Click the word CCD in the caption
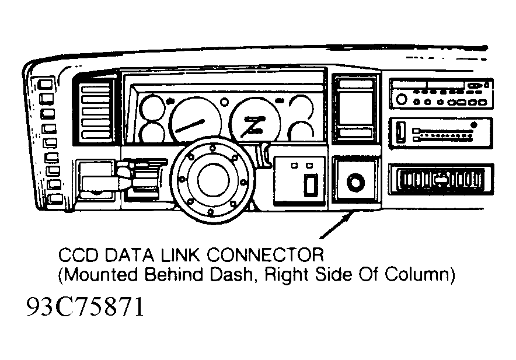click(x=78, y=254)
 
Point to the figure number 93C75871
click(x=85, y=306)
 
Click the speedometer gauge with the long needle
click(x=195, y=120)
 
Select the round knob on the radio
click(x=401, y=99)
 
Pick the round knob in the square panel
click(x=355, y=182)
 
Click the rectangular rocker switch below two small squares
click(x=311, y=184)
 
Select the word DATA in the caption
click(x=130, y=254)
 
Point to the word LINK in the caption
click(x=180, y=254)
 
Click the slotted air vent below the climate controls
click(x=441, y=180)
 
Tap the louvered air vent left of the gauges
click(x=95, y=111)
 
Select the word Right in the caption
click(x=288, y=275)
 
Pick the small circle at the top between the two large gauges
click(x=224, y=102)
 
